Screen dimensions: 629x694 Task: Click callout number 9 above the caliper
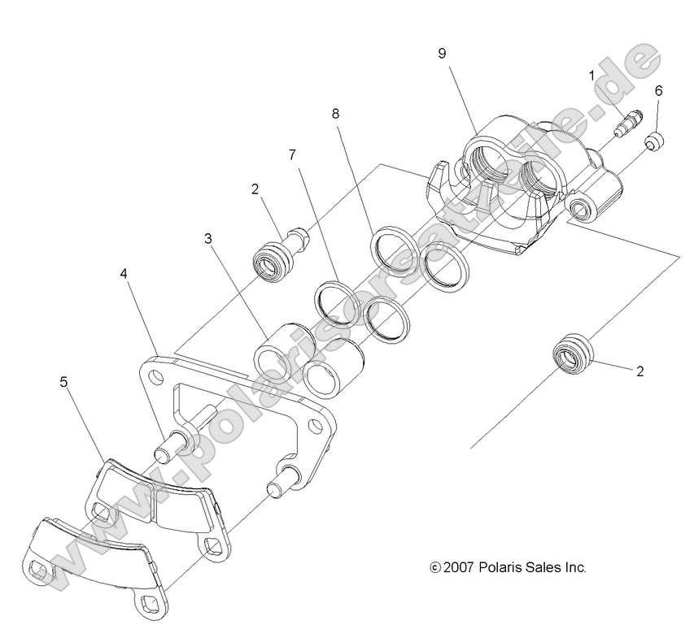pos(442,54)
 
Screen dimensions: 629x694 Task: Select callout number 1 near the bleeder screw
pos(592,75)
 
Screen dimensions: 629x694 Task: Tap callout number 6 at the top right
pos(658,90)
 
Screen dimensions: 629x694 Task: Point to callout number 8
pos(335,115)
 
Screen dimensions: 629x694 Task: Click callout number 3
pos(209,239)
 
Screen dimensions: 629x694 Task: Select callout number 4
pos(124,274)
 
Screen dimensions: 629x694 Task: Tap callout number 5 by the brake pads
pos(63,381)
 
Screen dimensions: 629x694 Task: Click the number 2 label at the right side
pos(640,372)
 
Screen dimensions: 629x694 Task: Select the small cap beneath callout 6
pos(656,144)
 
